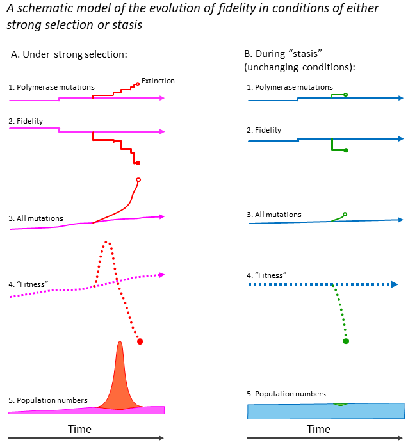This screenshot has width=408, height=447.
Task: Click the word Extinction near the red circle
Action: [158, 81]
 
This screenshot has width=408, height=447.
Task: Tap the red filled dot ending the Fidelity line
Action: [138, 163]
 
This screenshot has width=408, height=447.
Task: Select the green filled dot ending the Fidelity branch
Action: [346, 150]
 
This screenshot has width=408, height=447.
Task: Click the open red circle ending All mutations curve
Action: [138, 180]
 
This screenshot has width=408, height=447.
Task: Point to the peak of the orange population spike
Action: [119, 343]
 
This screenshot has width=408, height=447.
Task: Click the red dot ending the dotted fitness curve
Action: [140, 341]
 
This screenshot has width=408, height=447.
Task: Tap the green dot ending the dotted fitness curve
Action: [346, 341]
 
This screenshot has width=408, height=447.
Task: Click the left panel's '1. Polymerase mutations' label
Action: [52, 86]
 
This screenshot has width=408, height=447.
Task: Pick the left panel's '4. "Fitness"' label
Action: [29, 284]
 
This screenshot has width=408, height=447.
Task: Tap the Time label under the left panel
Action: [79, 428]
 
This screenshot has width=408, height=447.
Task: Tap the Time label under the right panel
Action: [318, 428]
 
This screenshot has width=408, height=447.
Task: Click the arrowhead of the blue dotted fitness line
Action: [395, 284]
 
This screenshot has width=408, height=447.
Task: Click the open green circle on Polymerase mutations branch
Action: [346, 95]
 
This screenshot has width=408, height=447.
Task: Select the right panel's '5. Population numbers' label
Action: [286, 394]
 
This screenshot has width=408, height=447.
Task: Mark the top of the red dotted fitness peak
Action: [108, 242]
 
